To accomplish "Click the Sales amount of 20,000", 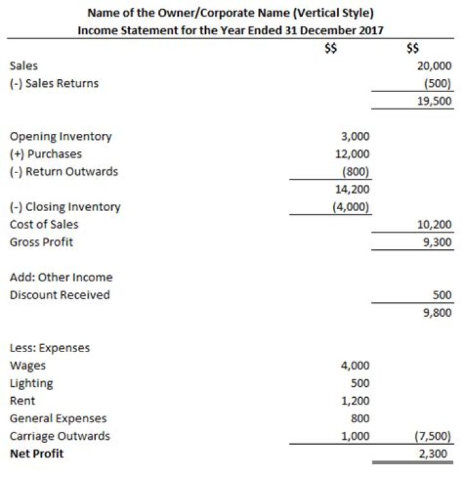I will pyautogui.click(x=435, y=66).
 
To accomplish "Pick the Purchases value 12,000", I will pyautogui.click(x=353, y=154).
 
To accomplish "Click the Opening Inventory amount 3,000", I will pyautogui.click(x=356, y=136).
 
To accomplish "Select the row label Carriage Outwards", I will pyautogui.click(x=60, y=436).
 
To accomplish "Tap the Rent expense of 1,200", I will pyautogui.click(x=356, y=400).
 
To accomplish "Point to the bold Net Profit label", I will pyautogui.click(x=37, y=454).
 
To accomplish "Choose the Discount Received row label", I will pyautogui.click(x=60, y=295).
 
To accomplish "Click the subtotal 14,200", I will pyautogui.click(x=353, y=189).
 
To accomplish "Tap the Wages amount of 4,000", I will pyautogui.click(x=356, y=366).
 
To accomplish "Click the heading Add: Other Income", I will pyautogui.click(x=61, y=277).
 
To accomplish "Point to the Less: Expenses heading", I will pyautogui.click(x=50, y=348).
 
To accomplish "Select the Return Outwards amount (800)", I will pyautogui.click(x=356, y=172).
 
